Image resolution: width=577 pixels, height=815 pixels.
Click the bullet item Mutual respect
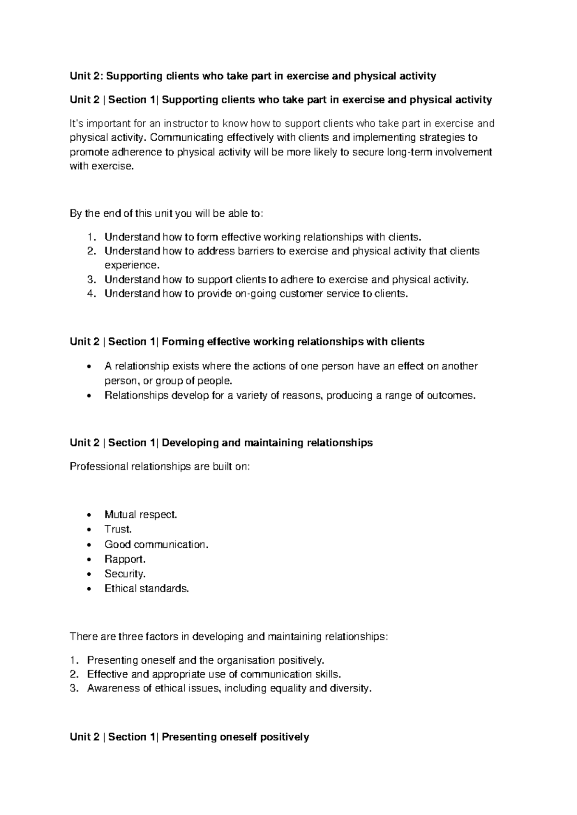141,515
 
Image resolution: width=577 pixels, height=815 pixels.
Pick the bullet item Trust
118,529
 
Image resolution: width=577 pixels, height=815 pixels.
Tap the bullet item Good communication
157,544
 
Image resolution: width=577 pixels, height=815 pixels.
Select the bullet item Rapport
125,559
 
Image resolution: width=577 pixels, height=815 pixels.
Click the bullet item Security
125,574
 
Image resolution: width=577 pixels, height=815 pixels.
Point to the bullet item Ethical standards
147,588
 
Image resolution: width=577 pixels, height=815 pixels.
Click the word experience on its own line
131,265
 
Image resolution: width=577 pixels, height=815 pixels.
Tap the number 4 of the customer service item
90,294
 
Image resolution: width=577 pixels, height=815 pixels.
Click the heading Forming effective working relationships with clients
293,342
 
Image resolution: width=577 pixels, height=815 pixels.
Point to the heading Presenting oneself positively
235,737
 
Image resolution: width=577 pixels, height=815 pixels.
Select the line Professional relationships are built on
160,467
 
